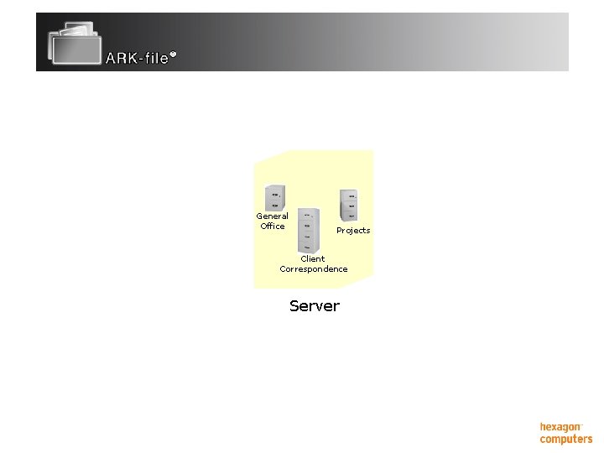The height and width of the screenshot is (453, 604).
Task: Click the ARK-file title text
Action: [x=137, y=59]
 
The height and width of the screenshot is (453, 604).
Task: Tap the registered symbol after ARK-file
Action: [x=173, y=55]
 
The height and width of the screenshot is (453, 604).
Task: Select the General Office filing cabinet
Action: [x=274, y=198]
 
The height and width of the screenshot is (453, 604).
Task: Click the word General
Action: [x=272, y=216]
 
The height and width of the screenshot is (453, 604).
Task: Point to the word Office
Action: [x=272, y=226]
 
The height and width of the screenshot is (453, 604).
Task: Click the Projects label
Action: [x=353, y=230]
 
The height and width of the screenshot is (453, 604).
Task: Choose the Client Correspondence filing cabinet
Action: [x=309, y=229]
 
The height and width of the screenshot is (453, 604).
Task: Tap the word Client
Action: [x=313, y=258]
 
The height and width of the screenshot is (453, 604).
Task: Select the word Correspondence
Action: [x=314, y=269]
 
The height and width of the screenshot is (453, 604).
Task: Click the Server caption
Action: [x=315, y=306]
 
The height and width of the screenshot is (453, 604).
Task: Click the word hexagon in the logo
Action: [x=560, y=427]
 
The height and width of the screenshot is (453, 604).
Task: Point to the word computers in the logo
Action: [x=566, y=439]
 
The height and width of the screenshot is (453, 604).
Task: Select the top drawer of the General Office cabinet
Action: [x=275, y=193]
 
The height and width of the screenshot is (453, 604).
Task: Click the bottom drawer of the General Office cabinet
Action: [x=275, y=204]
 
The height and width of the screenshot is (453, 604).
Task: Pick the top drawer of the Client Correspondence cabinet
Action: [x=308, y=214]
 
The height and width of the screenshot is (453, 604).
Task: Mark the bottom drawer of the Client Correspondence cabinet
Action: [x=309, y=245]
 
